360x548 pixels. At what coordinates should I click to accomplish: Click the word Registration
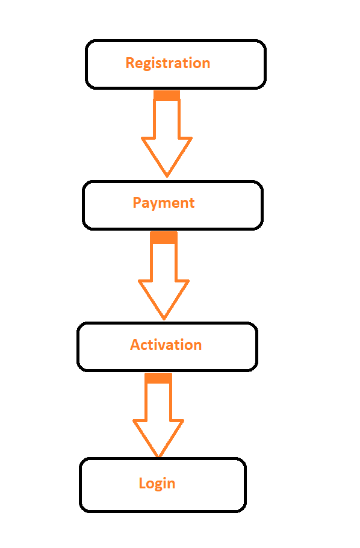[x=168, y=64]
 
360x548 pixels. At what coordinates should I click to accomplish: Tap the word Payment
[x=164, y=203]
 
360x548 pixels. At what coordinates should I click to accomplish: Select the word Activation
[x=166, y=345]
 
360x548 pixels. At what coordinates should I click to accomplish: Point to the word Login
[x=157, y=484]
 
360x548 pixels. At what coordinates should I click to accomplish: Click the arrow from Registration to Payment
[x=167, y=134]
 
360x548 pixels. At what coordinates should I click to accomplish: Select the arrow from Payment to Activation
[x=164, y=275]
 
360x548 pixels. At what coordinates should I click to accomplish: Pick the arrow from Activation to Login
[x=158, y=415]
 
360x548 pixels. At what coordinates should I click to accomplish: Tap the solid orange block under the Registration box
[x=167, y=95]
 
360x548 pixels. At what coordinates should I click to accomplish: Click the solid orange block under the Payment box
[x=164, y=237]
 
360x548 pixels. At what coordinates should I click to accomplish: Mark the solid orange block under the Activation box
[x=158, y=378]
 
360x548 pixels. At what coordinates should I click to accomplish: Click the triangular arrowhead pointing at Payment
[x=167, y=154]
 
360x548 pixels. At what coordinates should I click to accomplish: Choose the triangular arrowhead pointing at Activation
[x=164, y=296]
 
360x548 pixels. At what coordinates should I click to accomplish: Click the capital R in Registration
[x=129, y=63]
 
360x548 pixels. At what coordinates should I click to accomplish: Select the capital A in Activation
[x=135, y=344]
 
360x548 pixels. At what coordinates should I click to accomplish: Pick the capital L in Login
[x=142, y=483]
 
